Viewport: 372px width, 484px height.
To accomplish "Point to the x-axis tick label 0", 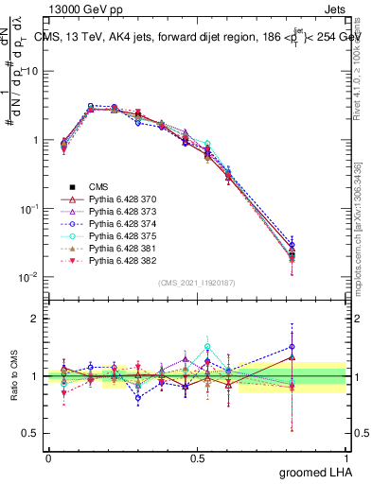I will click(x=48, y=457).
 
